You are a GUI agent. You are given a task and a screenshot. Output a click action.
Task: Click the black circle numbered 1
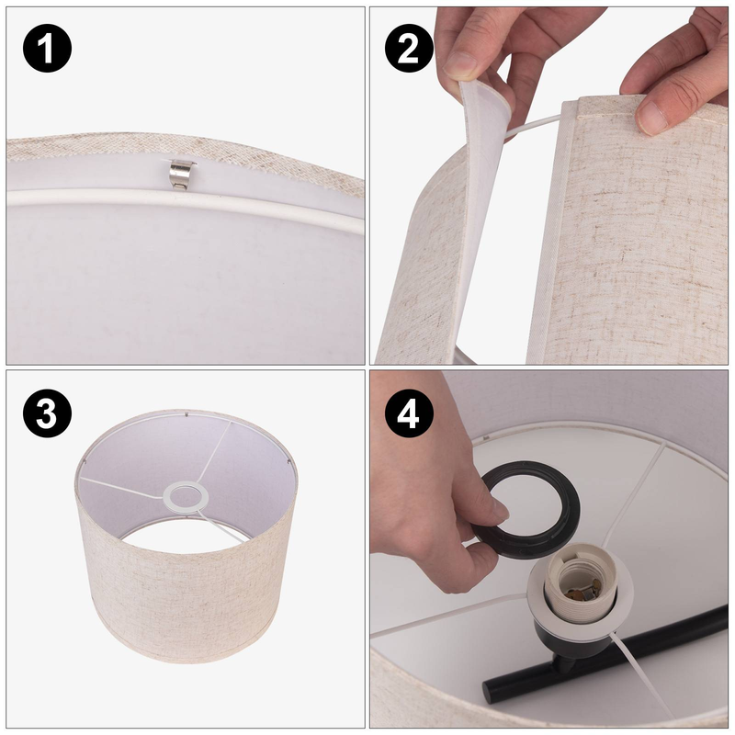48,49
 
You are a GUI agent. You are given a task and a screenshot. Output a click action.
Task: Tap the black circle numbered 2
409,49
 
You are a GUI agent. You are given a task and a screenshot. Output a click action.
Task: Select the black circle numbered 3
48,413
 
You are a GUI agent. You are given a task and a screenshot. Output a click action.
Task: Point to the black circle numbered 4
409,413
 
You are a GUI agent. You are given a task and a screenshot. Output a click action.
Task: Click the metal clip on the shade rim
182,175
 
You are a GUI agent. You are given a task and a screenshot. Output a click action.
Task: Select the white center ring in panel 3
186,497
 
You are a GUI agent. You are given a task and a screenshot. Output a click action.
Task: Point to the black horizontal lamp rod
605,651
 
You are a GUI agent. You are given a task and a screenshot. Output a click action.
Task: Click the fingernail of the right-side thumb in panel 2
652,118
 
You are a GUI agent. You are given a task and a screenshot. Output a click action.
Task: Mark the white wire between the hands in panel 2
532,127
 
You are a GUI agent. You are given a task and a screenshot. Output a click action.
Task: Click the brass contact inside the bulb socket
582,590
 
